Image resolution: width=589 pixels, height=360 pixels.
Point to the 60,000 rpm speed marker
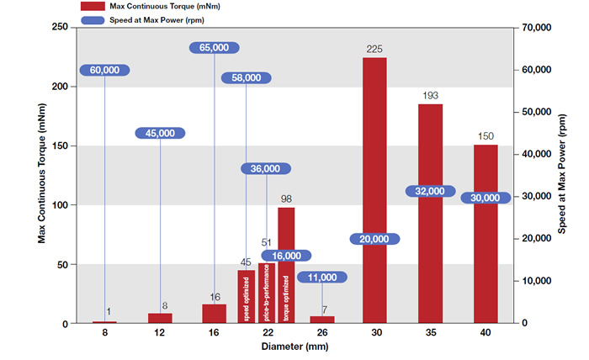(x=104, y=71)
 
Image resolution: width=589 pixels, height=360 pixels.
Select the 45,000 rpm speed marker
(x=160, y=133)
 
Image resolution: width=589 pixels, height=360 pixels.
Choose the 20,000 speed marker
(x=374, y=239)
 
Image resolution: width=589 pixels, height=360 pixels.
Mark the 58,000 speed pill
(x=247, y=77)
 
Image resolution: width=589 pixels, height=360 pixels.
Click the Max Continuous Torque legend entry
(x=135, y=6)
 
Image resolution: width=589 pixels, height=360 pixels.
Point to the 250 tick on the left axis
(x=60, y=27)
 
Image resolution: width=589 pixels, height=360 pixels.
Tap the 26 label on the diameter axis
(x=321, y=334)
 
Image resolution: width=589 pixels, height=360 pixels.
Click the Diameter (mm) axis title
(x=294, y=347)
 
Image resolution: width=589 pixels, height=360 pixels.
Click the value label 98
(x=286, y=199)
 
